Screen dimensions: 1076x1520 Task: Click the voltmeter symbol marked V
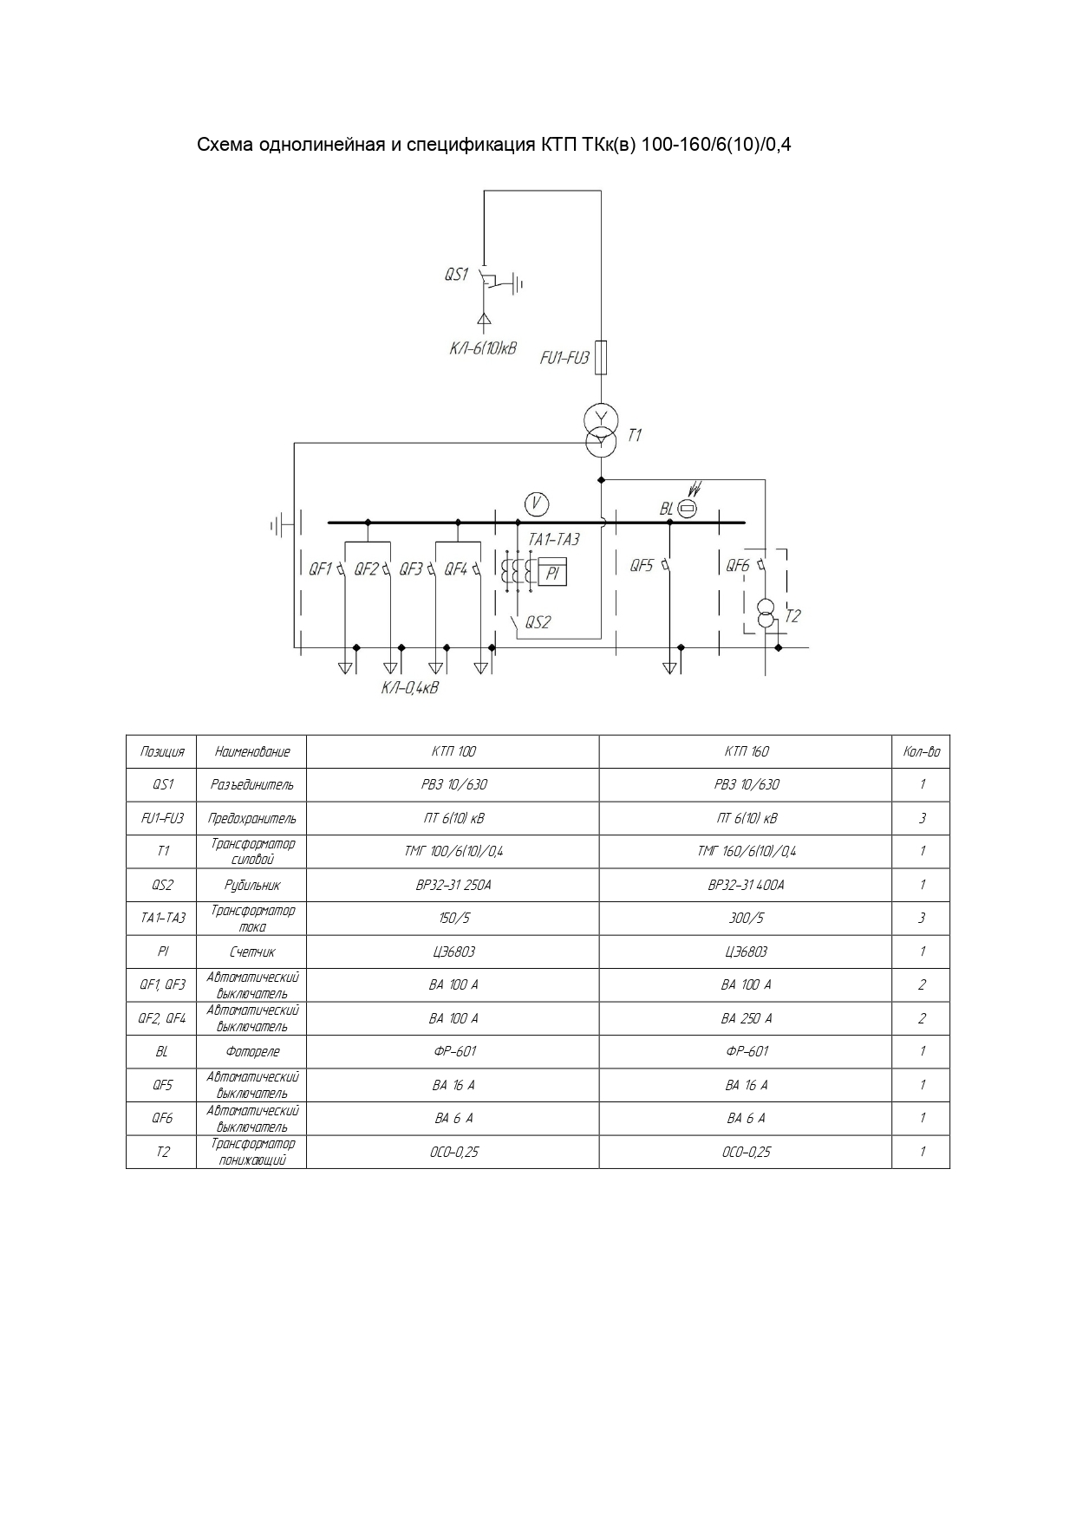coord(537,504)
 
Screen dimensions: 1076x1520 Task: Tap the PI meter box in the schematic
coord(552,573)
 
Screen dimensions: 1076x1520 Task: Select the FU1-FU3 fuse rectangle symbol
coord(601,357)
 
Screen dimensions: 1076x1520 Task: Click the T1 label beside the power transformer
coord(635,435)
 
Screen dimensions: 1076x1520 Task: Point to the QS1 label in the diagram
coord(456,275)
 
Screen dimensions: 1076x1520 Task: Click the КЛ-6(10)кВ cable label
coord(482,348)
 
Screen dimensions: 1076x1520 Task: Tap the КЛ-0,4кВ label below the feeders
coord(410,688)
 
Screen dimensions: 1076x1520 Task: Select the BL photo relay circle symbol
coord(687,509)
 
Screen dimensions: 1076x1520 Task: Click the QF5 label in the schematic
coord(642,566)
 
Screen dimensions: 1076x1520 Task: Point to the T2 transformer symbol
coord(766,613)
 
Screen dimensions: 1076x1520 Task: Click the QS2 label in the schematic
coord(538,622)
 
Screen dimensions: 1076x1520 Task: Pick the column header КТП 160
coord(747,751)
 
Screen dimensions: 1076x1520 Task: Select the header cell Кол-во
coord(921,751)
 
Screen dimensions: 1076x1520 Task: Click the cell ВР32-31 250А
coord(453,885)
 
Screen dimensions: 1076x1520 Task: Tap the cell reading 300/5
coord(747,919)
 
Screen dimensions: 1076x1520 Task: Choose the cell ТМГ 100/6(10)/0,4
coord(453,851)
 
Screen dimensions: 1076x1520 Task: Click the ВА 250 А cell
coord(747,1018)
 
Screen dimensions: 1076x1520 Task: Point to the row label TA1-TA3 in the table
coord(162,919)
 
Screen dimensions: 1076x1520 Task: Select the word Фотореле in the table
coord(252,1052)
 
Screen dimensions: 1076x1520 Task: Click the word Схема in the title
coord(224,144)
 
